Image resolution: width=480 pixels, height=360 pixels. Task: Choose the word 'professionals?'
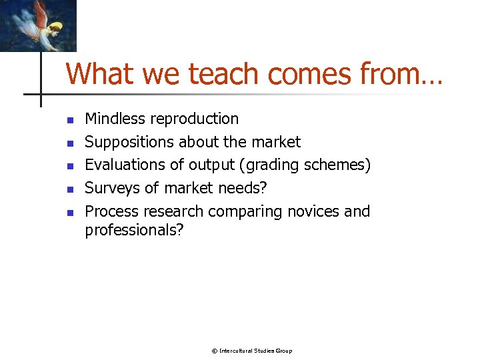tap(134, 230)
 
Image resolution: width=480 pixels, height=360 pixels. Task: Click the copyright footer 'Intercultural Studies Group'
tap(255, 351)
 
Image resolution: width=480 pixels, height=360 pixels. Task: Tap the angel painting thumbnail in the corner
tap(38, 25)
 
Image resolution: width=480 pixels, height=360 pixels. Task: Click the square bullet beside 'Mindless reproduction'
tap(69, 121)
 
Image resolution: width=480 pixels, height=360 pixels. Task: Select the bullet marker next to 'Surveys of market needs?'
tap(69, 190)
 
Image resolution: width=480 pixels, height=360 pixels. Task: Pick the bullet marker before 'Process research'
tap(69, 213)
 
